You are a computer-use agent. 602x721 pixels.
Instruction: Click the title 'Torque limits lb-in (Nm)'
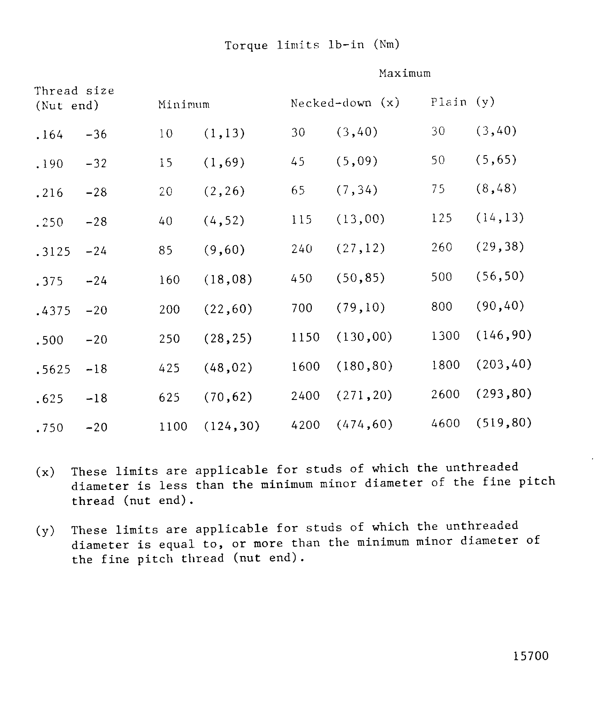312,45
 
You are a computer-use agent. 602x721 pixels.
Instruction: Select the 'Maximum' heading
405,73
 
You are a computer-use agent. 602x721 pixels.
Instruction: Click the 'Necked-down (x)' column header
345,103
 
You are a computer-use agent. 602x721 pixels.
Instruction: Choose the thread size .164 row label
49,135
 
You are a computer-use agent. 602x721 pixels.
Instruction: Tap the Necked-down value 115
301,220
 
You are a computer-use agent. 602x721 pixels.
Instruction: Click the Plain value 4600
445,423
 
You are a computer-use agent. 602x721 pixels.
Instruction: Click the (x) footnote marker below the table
45,472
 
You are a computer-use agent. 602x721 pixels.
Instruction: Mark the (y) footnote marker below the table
45,531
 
